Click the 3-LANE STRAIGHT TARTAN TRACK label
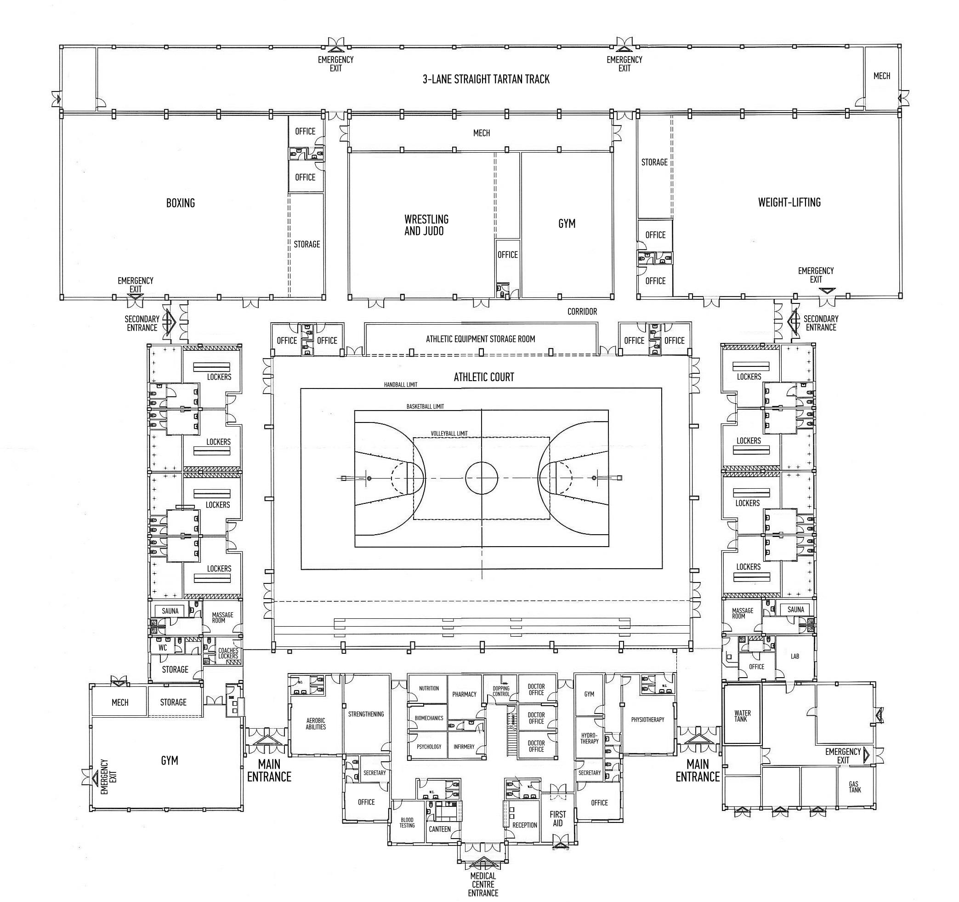(486, 79)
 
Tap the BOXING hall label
(181, 203)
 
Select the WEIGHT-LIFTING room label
(789, 202)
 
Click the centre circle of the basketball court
(481, 478)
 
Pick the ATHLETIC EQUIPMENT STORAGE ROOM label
(481, 339)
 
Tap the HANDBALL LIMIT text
(400, 385)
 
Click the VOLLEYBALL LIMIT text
(449, 434)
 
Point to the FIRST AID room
(558, 818)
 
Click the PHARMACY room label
(464, 694)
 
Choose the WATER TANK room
(743, 716)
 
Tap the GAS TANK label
(855, 787)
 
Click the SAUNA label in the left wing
(170, 611)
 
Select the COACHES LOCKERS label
(228, 653)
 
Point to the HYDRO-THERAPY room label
(589, 738)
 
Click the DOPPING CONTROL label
(501, 691)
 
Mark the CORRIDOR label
(582, 312)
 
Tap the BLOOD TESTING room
(407, 822)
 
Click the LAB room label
(794, 656)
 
